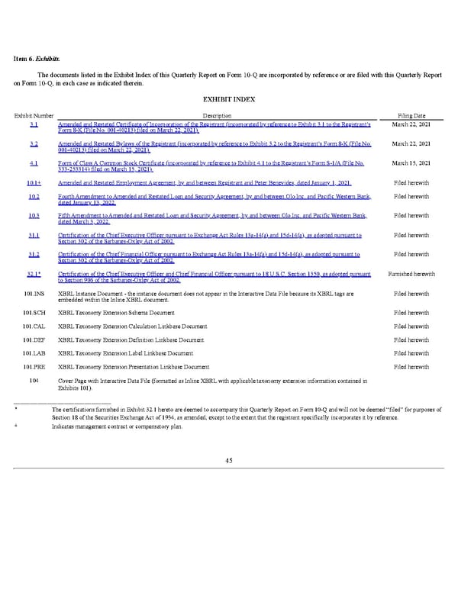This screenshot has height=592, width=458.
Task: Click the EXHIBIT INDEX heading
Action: [228, 99]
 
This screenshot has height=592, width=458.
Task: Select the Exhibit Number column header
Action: [33, 114]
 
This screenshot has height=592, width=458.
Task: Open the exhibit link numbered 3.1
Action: [34, 124]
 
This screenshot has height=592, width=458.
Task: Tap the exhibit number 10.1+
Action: [33, 183]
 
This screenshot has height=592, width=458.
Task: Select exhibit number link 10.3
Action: [33, 216]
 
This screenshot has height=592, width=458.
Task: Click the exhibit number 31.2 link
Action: [33, 255]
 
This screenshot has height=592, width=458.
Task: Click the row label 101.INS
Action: [33, 294]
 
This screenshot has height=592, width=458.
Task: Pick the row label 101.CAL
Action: [33, 326]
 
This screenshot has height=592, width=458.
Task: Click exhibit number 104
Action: [33, 380]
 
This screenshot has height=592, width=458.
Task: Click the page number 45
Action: [229, 459]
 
